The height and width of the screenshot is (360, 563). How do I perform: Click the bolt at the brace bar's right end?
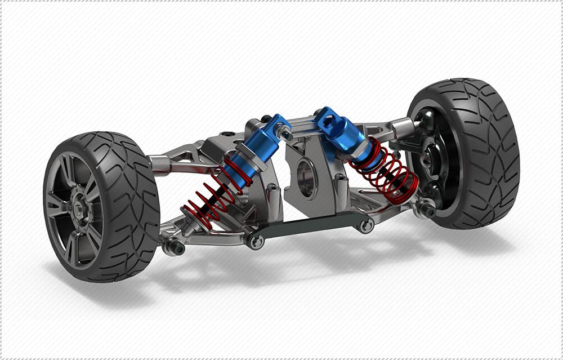click(367, 226)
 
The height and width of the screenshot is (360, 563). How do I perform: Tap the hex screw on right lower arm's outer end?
click(429, 212)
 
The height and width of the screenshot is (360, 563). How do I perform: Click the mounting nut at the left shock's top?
click(286, 135)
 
